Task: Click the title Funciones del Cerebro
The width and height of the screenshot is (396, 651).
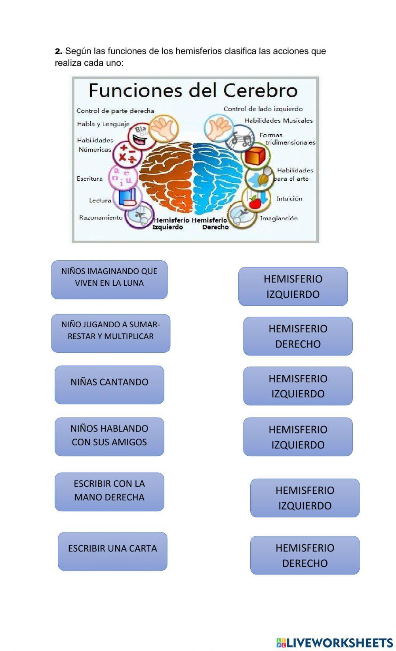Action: (193, 90)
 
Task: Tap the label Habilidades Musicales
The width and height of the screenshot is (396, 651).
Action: (278, 120)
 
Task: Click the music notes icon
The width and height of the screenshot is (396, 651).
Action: (241, 138)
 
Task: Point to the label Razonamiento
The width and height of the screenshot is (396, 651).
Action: (101, 218)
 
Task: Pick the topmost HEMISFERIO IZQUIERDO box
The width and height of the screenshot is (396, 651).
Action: (293, 286)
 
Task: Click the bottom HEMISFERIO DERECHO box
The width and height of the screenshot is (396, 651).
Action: (305, 555)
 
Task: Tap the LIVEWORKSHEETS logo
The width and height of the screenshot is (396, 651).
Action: (334, 642)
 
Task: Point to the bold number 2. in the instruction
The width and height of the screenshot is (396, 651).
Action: (59, 51)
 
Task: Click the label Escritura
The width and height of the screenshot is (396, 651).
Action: (89, 179)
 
